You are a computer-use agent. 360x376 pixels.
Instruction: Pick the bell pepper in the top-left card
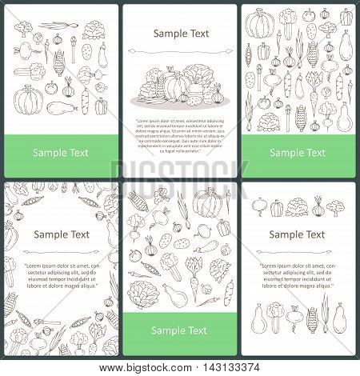101,106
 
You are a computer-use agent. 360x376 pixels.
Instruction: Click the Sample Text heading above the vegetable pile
179,34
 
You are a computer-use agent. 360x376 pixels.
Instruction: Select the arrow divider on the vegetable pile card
179,51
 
